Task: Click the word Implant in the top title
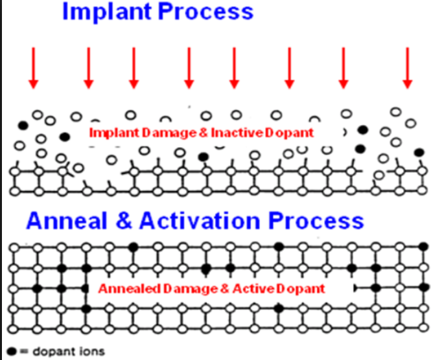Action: [108, 12]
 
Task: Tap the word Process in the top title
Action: [205, 11]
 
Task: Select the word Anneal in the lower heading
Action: [67, 221]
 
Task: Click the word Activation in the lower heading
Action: [200, 221]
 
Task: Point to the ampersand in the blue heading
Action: [124, 221]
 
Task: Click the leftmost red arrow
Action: [34, 68]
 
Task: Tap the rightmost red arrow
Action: [408, 68]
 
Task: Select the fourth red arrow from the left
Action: [189, 68]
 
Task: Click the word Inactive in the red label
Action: [237, 133]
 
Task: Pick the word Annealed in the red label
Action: [130, 289]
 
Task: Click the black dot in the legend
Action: [12, 351]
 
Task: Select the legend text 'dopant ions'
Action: [69, 351]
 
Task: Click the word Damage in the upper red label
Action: [169, 133]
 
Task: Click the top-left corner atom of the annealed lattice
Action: [14, 248]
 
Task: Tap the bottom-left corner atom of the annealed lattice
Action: [13, 329]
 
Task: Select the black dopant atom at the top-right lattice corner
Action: [424, 247]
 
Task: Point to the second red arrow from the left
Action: [89, 68]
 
